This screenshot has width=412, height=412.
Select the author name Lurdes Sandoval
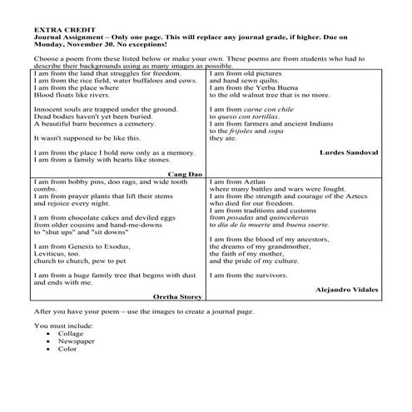(349, 152)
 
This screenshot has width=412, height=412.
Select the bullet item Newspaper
(77, 340)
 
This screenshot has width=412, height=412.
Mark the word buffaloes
(152, 80)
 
